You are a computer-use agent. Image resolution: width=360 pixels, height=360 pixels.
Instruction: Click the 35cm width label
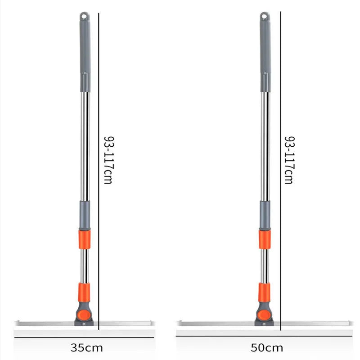point(87,347)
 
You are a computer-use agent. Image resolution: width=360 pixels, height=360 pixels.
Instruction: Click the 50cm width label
point(267,347)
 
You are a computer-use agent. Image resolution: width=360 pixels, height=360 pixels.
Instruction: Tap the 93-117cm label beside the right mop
point(289,160)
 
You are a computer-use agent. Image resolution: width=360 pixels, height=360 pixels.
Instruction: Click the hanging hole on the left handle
point(85,16)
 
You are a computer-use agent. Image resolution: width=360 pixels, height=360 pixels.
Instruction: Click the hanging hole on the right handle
point(264,16)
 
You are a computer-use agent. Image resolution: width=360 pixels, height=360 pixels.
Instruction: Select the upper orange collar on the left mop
point(85,239)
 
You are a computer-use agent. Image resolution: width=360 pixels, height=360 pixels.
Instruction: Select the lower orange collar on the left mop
point(84,292)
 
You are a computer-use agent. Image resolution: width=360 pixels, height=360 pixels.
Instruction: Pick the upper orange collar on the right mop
point(265,239)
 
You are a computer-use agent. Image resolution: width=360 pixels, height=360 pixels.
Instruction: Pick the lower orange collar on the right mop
point(264,292)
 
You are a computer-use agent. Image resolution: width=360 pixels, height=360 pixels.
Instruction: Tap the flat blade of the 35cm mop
point(45,323)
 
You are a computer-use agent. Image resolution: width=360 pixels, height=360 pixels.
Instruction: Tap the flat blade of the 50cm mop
point(216,324)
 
